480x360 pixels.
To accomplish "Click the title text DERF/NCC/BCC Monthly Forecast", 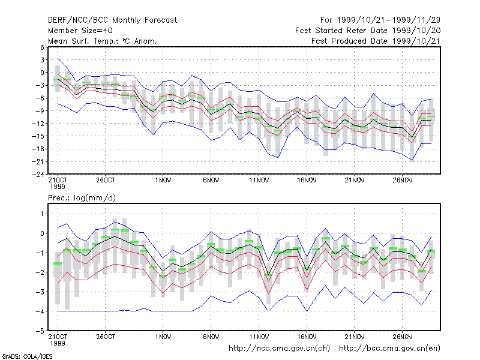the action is (x=112, y=20).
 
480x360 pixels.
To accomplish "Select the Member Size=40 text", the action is (x=80, y=31).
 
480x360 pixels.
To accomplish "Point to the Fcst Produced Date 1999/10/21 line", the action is (x=376, y=41).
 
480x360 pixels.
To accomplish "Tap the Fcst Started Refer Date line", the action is (x=368, y=31).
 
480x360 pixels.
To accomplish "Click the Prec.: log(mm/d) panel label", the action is (x=82, y=198).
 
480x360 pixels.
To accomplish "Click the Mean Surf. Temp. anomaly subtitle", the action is (x=102, y=41).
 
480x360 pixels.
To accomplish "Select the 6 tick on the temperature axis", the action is (x=42, y=47).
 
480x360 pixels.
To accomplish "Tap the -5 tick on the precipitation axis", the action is (x=40, y=331).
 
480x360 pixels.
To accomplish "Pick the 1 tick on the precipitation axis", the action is (x=42, y=214).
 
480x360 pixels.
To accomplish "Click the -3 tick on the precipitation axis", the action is (x=40, y=292).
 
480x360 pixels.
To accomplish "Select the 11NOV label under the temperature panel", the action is (x=259, y=181).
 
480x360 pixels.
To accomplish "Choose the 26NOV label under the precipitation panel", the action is (x=402, y=337).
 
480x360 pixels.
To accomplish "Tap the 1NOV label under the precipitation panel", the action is (x=163, y=337).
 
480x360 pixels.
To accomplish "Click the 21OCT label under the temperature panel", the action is (x=58, y=181).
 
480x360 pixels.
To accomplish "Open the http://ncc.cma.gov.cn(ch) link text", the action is (x=279, y=349).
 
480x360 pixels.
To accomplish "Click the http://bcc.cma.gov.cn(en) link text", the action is (x=389, y=349).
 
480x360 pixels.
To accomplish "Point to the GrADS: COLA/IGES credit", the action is (x=27, y=356).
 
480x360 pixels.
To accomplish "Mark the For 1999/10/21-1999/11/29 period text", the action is (x=380, y=20).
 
